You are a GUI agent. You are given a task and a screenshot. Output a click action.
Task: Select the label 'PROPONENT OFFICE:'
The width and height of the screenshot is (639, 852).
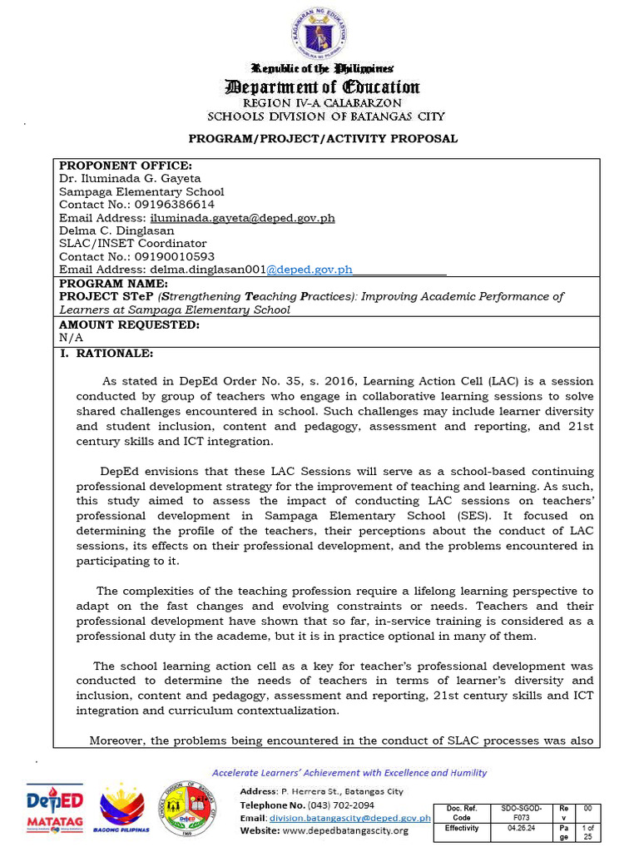(125, 166)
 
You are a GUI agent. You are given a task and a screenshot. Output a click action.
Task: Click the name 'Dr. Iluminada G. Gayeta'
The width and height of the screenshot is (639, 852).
(130, 178)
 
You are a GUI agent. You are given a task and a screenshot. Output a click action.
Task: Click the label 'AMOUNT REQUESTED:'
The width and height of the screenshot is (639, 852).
(129, 324)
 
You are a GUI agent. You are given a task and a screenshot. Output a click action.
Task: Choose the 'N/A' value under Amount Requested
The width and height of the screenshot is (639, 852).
(71, 338)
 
